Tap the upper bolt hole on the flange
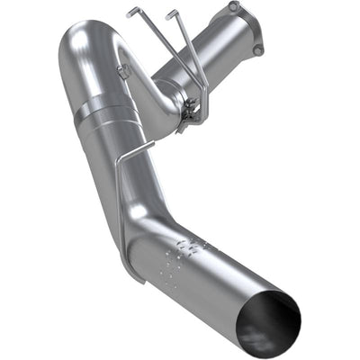coord(233,7)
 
